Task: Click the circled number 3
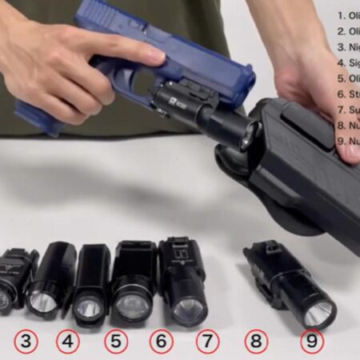pyautogui.click(x=26, y=342)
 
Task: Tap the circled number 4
pyautogui.click(x=68, y=342)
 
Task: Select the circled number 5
pyautogui.click(x=116, y=342)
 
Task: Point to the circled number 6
pyautogui.click(x=162, y=342)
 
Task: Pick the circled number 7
pyautogui.click(x=207, y=342)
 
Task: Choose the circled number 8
pyautogui.click(x=256, y=342)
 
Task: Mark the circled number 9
pyautogui.click(x=312, y=342)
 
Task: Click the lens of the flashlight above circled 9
pyautogui.click(x=318, y=313)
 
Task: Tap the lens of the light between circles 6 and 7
pyautogui.click(x=189, y=309)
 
